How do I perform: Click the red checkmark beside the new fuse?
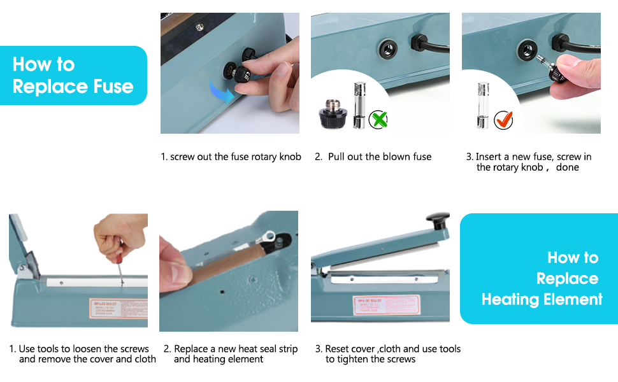coord(503,119)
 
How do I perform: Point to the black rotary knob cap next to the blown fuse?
coord(333,113)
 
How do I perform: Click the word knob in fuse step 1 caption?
coord(290,157)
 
